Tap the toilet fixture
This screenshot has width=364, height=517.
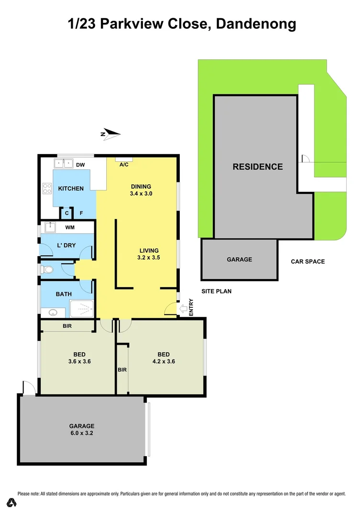pyautogui.click(x=46, y=270)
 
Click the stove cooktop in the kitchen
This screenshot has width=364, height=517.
pyautogui.click(x=47, y=189)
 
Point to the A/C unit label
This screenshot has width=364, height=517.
pyautogui.click(x=123, y=165)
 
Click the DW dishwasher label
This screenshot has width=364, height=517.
pyautogui.click(x=80, y=165)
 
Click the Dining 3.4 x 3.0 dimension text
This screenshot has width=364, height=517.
pyautogui.click(x=141, y=194)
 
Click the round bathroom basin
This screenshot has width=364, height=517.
pyautogui.click(x=53, y=313)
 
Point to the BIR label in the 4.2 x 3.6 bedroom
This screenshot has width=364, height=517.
pyautogui.click(x=122, y=370)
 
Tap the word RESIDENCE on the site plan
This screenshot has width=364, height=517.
pyautogui.click(x=257, y=167)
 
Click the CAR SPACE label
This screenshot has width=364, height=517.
pyautogui.click(x=308, y=261)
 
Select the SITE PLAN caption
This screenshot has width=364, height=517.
pyautogui.click(x=216, y=291)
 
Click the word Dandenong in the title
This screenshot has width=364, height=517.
pyautogui.click(x=256, y=24)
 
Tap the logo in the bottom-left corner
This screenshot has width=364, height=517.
pyautogui.click(x=12, y=503)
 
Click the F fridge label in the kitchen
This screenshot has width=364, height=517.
pyautogui.click(x=81, y=214)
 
